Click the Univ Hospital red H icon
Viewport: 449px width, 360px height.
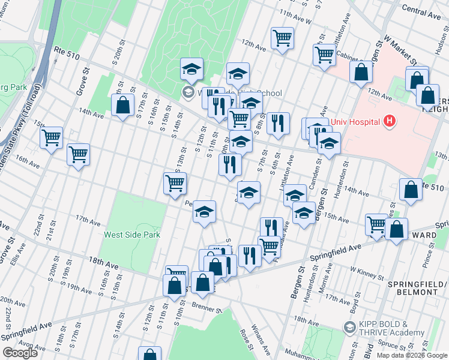click(x=390, y=122)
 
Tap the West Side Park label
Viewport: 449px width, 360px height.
click(x=132, y=235)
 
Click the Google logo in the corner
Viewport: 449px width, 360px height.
click(x=20, y=353)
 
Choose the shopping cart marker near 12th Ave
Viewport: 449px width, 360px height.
click(x=282, y=38)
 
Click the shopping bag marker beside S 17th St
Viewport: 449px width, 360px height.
click(x=123, y=106)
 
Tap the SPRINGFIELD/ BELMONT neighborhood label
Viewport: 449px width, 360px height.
click(x=412, y=287)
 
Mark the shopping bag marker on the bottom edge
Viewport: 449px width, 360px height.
click(x=149, y=355)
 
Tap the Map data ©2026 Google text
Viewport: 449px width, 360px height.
click(x=411, y=355)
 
